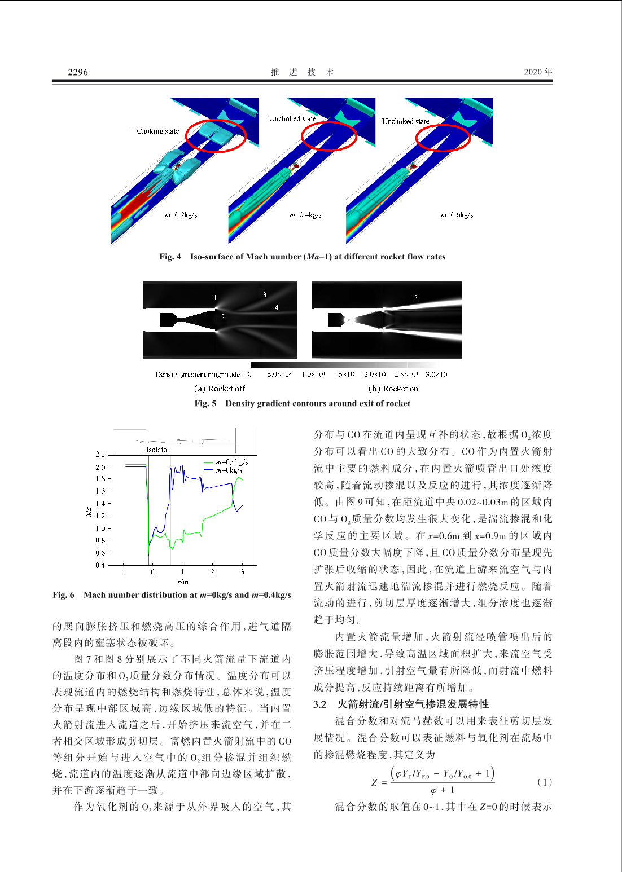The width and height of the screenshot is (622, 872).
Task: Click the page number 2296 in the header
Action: point(78,72)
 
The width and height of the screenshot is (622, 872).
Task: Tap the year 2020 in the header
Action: point(533,72)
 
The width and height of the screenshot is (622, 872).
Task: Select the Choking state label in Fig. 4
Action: point(157,131)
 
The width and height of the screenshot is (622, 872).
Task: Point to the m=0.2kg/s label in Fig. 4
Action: point(181,215)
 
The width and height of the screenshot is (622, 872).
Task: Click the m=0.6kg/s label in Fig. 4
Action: point(457,215)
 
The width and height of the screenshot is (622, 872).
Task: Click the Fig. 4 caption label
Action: point(170,257)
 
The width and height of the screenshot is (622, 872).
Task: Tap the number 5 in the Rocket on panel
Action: point(416,297)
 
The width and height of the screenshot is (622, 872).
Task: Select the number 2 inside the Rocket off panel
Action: point(223,317)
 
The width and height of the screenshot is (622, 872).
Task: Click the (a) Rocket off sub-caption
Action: point(220,389)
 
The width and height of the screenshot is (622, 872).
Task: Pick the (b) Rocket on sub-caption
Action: point(393,389)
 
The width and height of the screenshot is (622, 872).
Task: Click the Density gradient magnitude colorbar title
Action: point(198,375)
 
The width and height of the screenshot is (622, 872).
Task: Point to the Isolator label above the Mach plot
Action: point(157,450)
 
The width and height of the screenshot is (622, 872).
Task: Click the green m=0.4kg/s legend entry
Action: point(226,462)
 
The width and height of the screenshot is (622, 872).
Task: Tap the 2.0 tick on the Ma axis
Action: point(100,467)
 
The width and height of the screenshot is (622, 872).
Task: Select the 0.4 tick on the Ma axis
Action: point(100,565)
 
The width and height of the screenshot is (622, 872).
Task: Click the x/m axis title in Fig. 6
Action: point(182,582)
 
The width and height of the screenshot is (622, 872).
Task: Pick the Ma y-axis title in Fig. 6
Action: point(89,512)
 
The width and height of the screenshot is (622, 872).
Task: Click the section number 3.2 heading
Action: point(320,704)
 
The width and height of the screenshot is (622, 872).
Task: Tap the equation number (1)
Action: point(544,782)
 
